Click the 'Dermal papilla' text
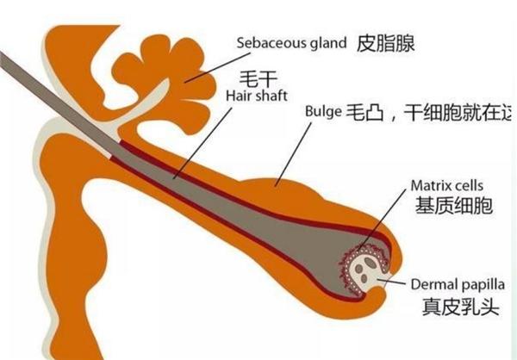457,282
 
